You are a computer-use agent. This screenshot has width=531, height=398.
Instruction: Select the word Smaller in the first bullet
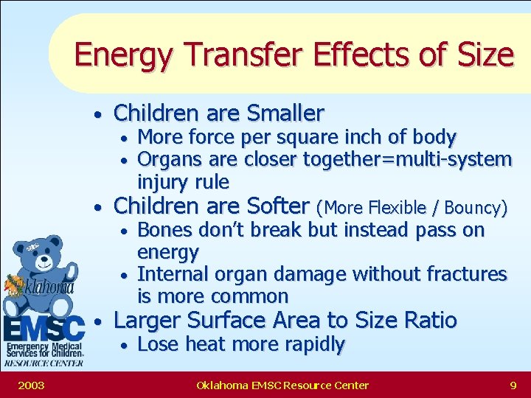[x=285, y=114]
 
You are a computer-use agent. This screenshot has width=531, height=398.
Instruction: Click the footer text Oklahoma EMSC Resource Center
[x=282, y=385]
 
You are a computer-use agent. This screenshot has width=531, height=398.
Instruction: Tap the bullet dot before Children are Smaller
[x=97, y=115]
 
